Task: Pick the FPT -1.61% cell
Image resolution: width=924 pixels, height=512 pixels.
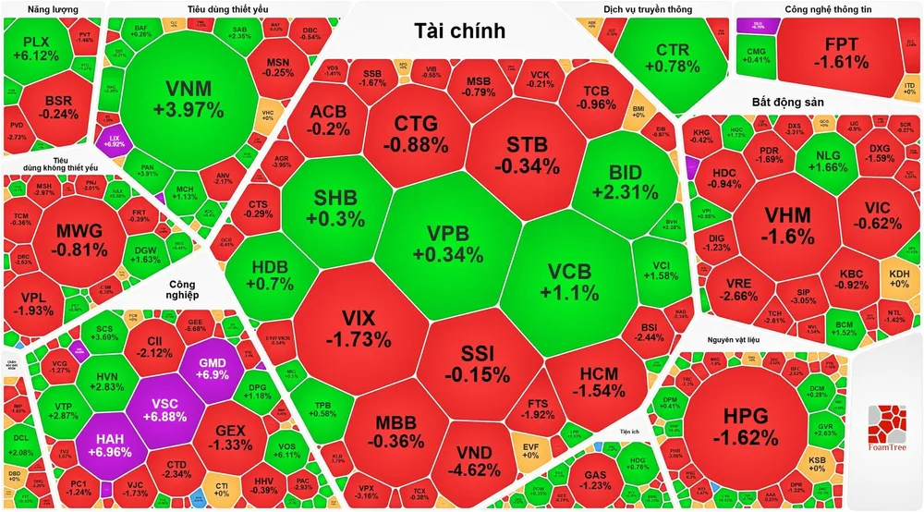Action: point(841,54)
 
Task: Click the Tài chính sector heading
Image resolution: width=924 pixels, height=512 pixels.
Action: point(460,31)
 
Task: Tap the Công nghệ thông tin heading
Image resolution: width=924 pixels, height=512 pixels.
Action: point(828,9)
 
